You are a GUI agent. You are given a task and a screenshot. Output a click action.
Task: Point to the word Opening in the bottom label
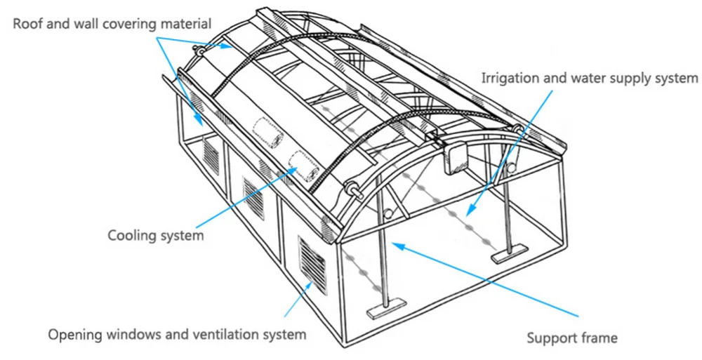click(74, 334)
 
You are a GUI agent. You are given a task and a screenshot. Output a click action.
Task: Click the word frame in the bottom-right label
click(599, 338)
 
